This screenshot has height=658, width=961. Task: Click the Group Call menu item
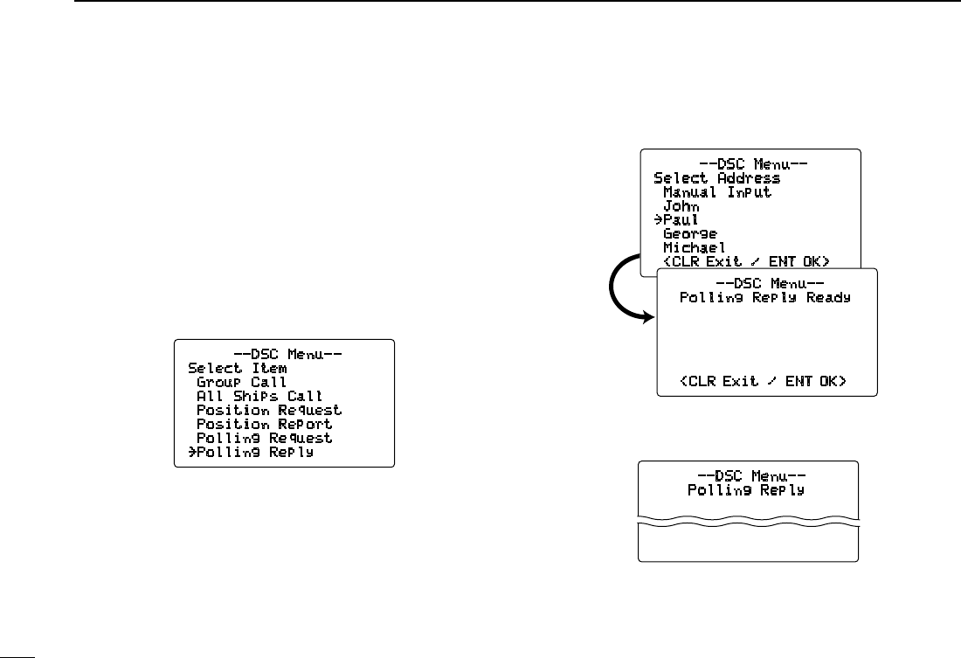point(241,382)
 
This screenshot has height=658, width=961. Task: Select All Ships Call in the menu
point(259,396)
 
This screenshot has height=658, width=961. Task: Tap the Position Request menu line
point(268,410)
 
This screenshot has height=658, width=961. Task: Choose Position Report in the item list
point(264,424)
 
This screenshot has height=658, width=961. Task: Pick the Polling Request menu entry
point(264,438)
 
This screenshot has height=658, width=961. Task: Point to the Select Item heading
point(237,368)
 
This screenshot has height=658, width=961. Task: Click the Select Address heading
point(716,177)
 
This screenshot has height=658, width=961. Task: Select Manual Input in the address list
point(717,191)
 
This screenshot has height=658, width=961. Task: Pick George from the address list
point(690,233)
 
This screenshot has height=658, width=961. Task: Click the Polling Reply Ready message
point(765,297)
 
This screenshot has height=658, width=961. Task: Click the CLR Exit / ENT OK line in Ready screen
point(765,381)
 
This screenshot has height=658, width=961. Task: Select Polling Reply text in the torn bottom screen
point(745,490)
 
